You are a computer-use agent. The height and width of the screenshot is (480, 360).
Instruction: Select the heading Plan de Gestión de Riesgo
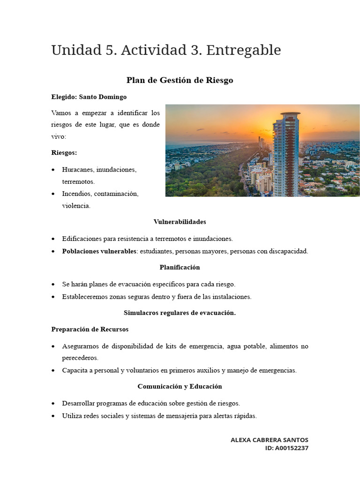click(x=180, y=80)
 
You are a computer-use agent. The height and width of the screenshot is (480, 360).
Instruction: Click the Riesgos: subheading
click(x=64, y=153)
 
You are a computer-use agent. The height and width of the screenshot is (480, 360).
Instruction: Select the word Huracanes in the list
click(x=77, y=169)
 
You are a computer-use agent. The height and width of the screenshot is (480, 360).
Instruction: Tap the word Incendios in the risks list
click(x=77, y=194)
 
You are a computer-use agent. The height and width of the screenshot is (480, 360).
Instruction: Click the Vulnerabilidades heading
click(x=180, y=222)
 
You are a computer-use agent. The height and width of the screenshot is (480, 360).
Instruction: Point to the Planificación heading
click(x=180, y=267)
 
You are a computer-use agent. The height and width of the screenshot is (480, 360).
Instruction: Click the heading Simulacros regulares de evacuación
click(x=180, y=313)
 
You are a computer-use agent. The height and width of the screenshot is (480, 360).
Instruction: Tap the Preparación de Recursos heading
click(x=90, y=329)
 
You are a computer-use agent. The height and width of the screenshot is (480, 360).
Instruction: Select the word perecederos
click(x=80, y=358)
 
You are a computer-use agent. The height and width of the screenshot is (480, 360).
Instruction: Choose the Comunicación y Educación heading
click(x=180, y=387)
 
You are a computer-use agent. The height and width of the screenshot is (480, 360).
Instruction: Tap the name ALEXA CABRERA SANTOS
click(x=270, y=440)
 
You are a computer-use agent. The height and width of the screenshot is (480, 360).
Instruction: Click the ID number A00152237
click(x=292, y=448)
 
